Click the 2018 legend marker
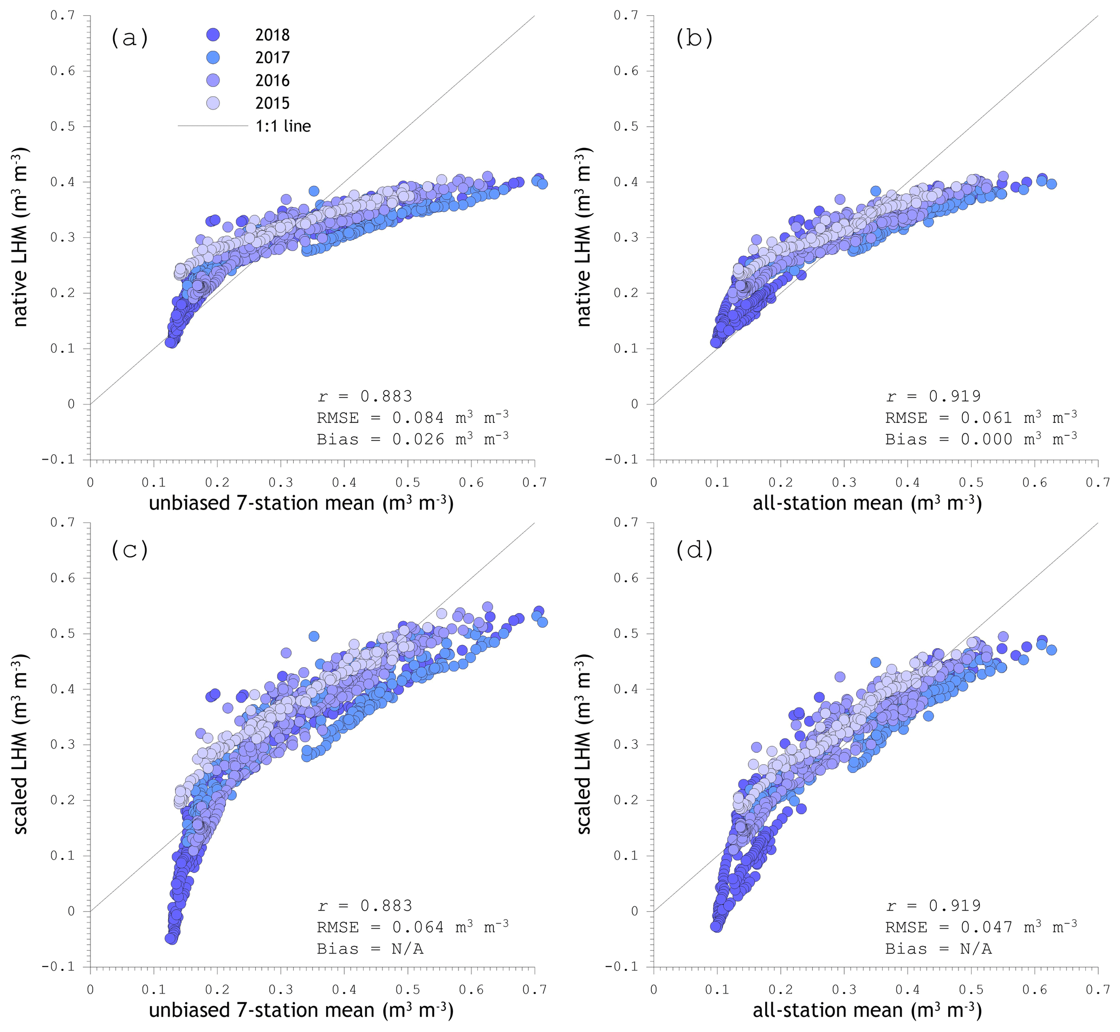(x=213, y=35)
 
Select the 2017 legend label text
(x=273, y=57)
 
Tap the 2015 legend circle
(x=213, y=103)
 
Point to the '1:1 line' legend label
(x=283, y=126)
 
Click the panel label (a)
(x=130, y=38)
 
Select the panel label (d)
(x=694, y=551)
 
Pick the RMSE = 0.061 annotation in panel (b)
(x=980, y=418)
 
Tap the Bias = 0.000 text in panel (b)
(x=980, y=440)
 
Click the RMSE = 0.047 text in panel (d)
(x=980, y=927)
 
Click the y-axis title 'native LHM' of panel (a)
(x=20, y=237)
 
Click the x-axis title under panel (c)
(x=301, y=1010)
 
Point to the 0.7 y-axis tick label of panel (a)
(x=62, y=16)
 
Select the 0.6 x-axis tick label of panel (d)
(x=1034, y=990)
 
